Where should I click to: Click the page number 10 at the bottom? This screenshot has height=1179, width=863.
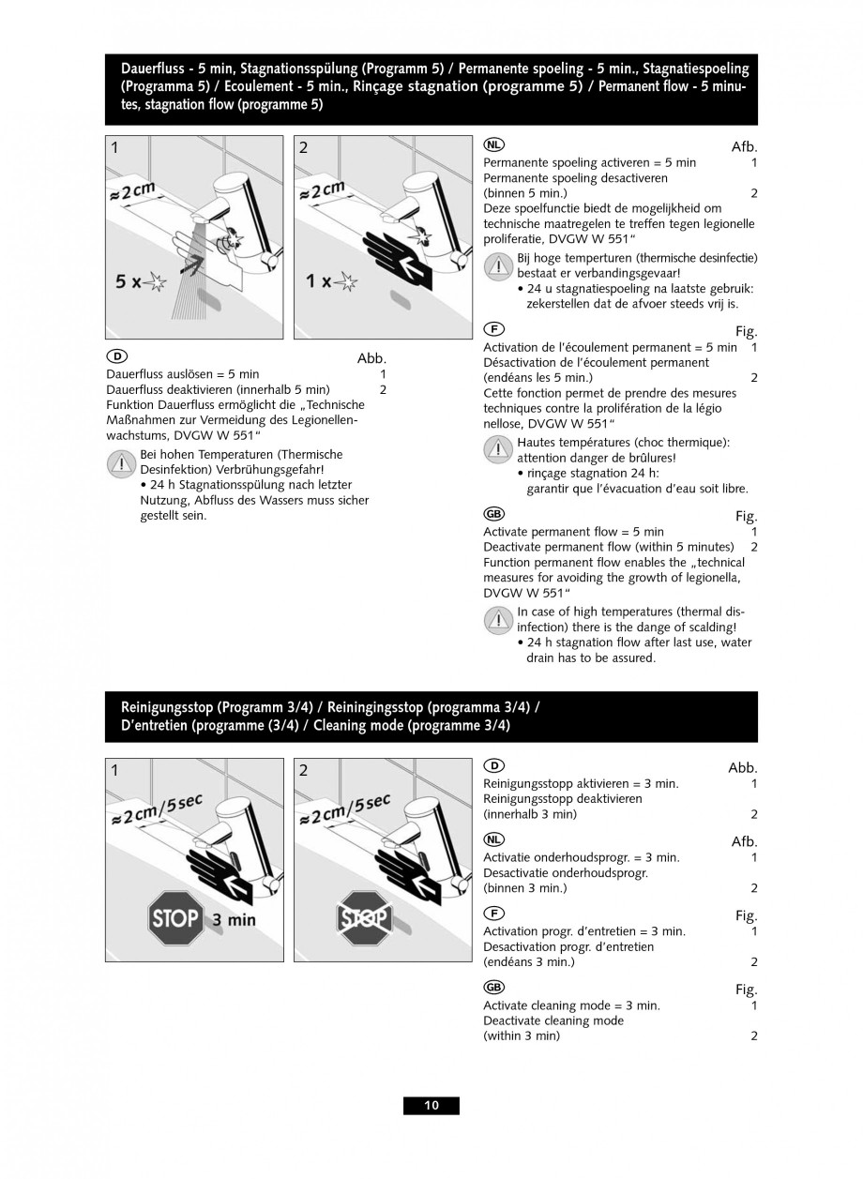point(431,1105)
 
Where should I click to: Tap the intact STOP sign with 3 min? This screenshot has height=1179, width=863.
point(175,917)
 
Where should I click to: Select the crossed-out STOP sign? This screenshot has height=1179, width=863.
point(363,917)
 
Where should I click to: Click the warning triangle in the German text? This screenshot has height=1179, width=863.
point(122,462)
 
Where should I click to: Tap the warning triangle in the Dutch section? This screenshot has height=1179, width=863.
point(498,265)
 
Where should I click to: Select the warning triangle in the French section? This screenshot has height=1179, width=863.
point(498,450)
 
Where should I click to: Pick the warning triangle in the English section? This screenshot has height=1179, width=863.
point(498,620)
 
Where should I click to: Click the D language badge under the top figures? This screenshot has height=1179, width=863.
point(116,356)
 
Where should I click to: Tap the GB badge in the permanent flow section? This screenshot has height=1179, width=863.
point(493,514)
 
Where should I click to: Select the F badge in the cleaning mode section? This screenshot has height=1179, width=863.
point(493,913)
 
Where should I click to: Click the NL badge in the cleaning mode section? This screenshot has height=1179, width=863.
point(493,839)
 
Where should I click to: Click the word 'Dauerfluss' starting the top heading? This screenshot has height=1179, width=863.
point(151,68)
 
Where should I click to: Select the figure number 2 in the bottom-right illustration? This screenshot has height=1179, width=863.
point(303,770)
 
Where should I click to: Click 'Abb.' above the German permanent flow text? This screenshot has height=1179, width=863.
point(371,358)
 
